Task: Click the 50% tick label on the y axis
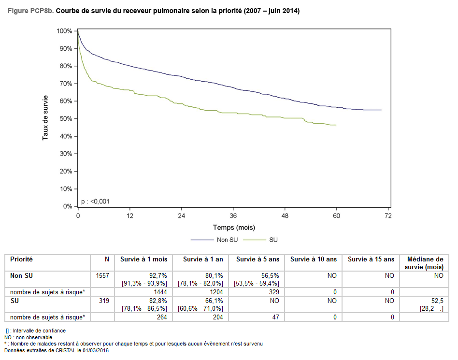click(65, 119)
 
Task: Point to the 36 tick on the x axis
click(233, 216)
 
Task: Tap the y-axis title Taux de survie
click(45, 118)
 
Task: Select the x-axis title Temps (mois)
click(234, 227)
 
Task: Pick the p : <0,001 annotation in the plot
click(95, 201)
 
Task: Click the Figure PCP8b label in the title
click(31, 11)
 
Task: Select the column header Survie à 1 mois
click(143, 259)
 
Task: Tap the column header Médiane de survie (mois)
click(425, 263)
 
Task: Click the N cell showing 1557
click(103, 275)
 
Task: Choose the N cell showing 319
click(105, 301)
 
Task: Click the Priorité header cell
click(22, 259)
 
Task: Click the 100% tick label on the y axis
click(64, 31)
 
